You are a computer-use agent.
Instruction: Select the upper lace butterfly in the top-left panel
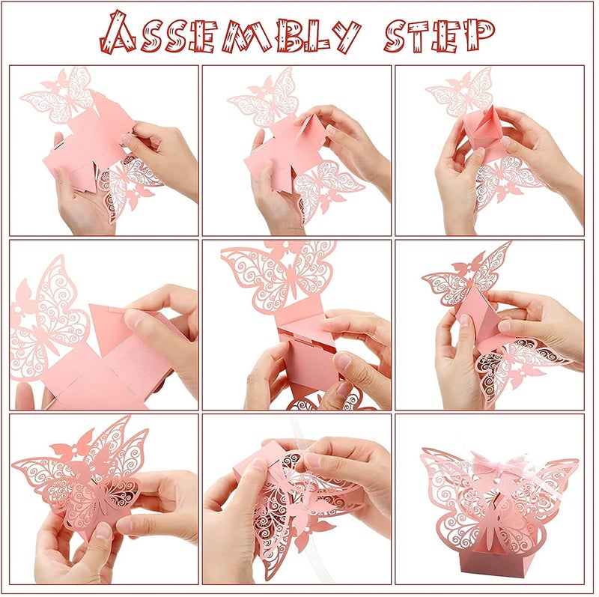(60, 97)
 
